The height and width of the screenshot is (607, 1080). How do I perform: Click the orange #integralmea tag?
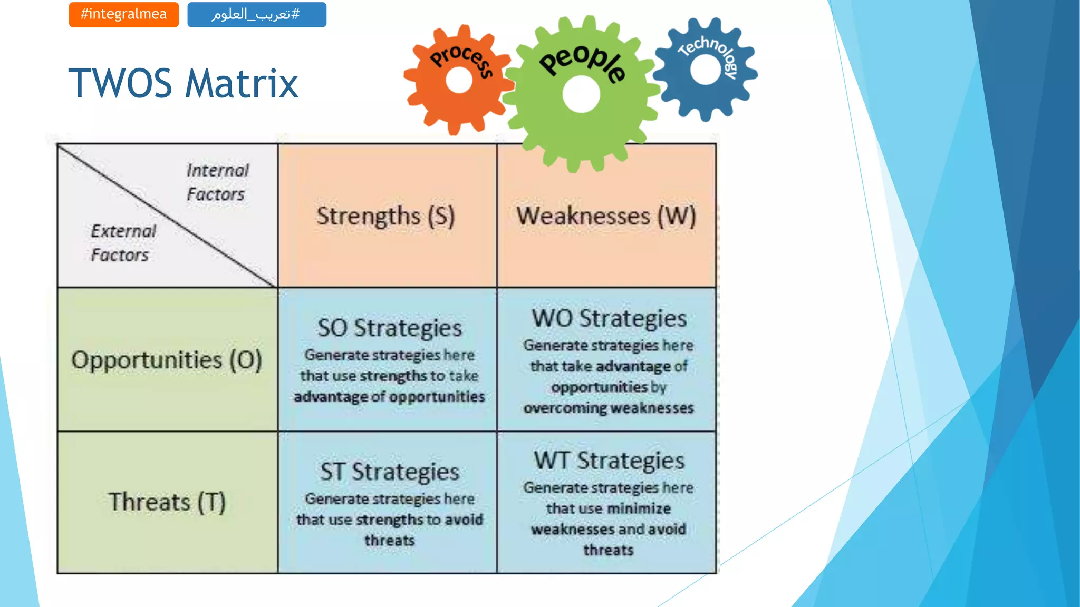(x=123, y=14)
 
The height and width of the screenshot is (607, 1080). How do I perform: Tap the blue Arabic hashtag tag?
(x=256, y=14)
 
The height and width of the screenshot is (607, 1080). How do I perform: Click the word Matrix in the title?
(x=242, y=84)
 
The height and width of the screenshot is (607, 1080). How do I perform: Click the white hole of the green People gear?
(x=581, y=94)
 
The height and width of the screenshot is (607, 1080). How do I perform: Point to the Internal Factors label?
(x=217, y=182)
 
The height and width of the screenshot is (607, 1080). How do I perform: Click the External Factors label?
(x=123, y=243)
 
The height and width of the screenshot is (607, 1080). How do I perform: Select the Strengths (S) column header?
(x=385, y=216)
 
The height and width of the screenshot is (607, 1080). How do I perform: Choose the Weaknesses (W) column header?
(x=606, y=216)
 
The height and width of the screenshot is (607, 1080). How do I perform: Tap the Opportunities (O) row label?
(x=167, y=360)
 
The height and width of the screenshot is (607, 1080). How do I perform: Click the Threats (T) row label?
(x=167, y=502)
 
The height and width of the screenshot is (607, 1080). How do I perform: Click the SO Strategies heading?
(x=389, y=328)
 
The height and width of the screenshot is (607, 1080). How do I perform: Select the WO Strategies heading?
(x=609, y=319)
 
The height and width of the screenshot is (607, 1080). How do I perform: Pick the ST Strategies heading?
(x=389, y=472)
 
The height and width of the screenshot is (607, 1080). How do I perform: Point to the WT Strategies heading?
(x=609, y=461)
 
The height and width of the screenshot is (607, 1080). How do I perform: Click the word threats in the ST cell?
(x=389, y=541)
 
